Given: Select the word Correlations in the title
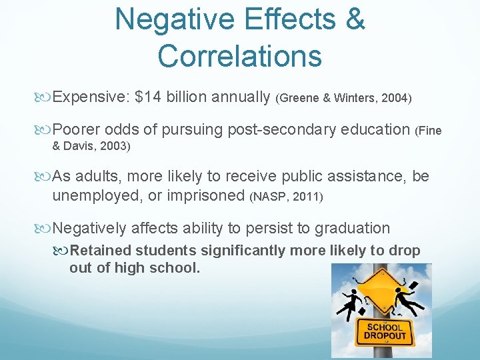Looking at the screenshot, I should point(240,56).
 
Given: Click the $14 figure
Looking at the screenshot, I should point(147,97).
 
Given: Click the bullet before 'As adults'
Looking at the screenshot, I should point(45,177).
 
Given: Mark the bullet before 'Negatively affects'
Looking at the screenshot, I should point(45,229).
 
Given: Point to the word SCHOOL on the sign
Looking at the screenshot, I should point(384,327).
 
